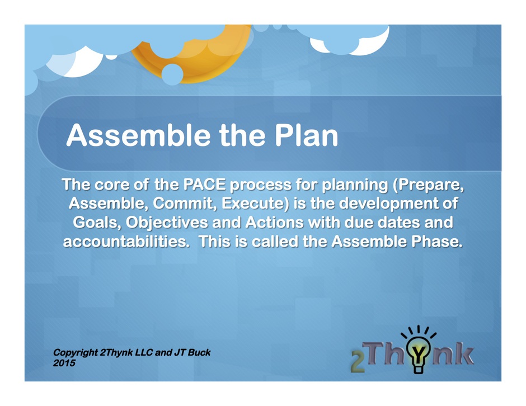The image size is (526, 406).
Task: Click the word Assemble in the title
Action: coord(139,135)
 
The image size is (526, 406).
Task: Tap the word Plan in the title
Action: coord(306,135)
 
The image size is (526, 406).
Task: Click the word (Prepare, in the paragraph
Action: coord(429,185)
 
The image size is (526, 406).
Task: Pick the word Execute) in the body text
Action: coord(255,204)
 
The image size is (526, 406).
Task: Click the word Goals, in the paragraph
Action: coord(97,223)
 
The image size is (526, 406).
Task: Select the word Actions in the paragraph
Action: coord(274,222)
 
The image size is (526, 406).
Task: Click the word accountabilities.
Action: coord(126,242)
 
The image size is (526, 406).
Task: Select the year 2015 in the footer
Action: coord(64,363)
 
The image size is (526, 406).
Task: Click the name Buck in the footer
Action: coord(199,352)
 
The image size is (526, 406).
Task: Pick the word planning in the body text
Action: coord(355,185)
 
